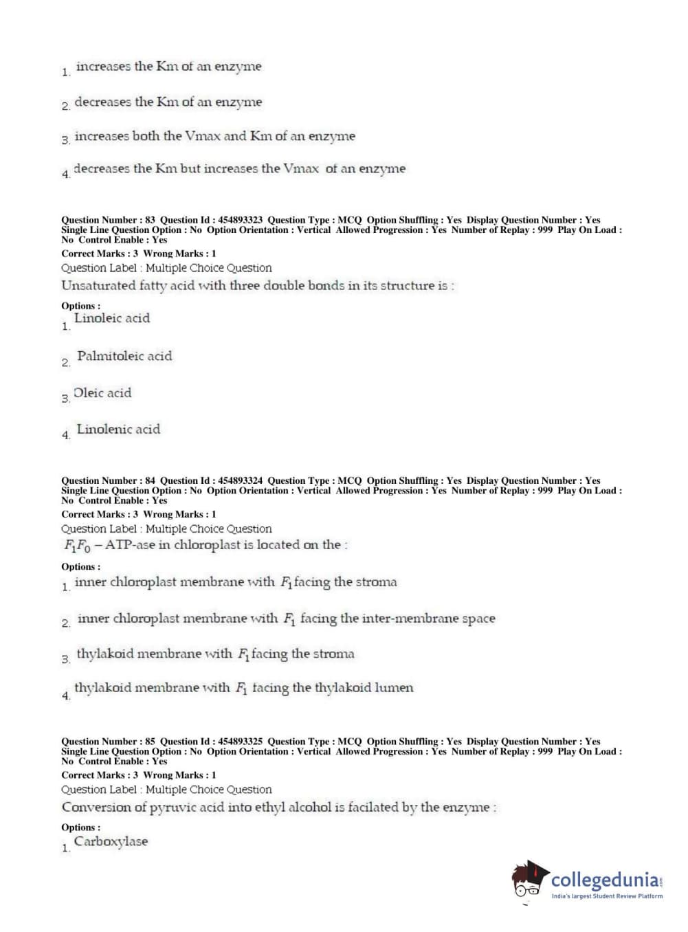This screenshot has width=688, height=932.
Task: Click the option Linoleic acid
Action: pos(111,318)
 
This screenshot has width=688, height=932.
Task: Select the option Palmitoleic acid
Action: pos(124,356)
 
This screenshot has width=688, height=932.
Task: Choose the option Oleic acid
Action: pos(102,393)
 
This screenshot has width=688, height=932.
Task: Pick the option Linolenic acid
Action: pos(118,430)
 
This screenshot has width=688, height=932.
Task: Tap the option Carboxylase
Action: pos(111,842)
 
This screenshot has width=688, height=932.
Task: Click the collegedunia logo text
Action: pos(604,880)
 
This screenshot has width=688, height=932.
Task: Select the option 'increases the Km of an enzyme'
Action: pos(168,67)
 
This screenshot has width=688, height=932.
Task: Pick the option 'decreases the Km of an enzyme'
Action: pos(168,102)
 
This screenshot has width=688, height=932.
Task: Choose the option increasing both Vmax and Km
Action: pos(214,136)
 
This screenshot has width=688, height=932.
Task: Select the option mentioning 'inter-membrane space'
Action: pos(286,619)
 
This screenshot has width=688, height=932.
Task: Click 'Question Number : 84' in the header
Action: pos(108,480)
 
